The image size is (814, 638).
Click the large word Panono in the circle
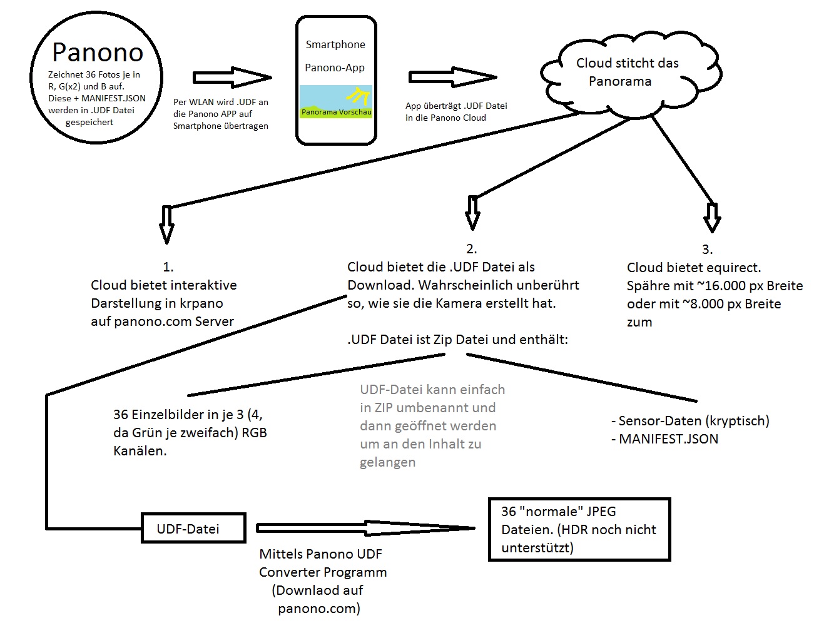(98, 53)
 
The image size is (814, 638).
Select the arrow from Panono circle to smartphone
(232, 77)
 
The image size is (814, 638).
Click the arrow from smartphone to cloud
(452, 77)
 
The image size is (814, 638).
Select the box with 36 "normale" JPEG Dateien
(579, 529)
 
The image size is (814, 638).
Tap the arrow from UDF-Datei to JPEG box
(366, 529)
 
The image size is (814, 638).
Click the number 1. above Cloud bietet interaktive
(168, 267)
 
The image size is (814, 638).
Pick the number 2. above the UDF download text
(472, 249)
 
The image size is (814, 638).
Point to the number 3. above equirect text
(707, 250)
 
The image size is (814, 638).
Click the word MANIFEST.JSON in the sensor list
(668, 439)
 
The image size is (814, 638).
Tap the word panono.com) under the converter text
(319, 609)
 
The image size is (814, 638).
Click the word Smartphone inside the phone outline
(335, 44)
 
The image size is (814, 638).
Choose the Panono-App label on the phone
(335, 68)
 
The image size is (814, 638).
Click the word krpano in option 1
(202, 303)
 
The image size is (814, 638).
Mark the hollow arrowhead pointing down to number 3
(712, 219)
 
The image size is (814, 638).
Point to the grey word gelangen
(387, 463)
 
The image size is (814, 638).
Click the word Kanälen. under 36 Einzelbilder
(140, 451)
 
